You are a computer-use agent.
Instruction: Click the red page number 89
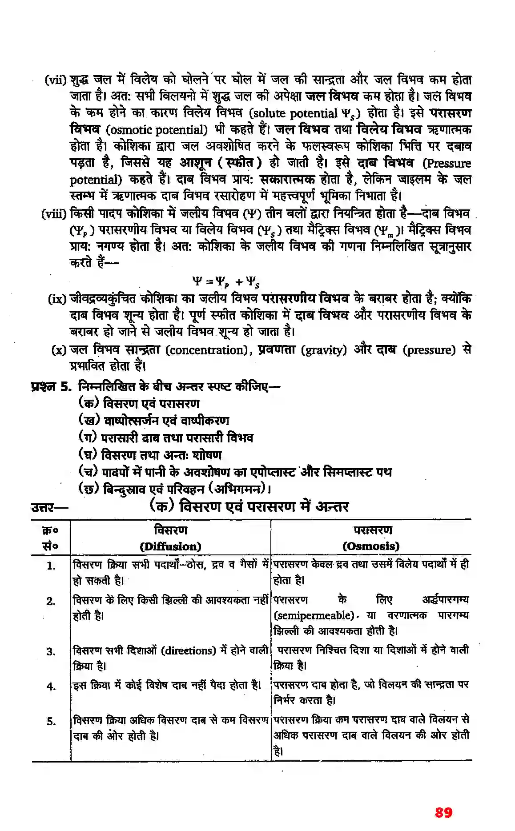coord(443,812)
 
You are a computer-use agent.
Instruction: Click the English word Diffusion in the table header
coord(170,546)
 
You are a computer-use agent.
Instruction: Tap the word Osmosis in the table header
coord(371,546)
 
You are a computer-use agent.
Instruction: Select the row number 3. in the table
coord(52,652)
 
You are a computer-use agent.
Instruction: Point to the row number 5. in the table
coord(52,721)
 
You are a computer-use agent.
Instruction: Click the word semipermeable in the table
coord(314,615)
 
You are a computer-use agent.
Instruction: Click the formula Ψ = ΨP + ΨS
coord(226,281)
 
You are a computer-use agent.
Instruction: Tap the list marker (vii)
coord(55,80)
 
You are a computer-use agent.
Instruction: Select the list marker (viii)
coord(54,214)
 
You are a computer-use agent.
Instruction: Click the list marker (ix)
coord(57,299)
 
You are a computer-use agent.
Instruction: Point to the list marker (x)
coord(59,350)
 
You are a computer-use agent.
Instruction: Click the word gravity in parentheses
coord(324,350)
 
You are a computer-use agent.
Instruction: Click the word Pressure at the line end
coord(447,163)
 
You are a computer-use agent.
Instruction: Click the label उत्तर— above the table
coord(49,507)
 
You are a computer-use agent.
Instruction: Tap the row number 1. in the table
coord(52,566)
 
